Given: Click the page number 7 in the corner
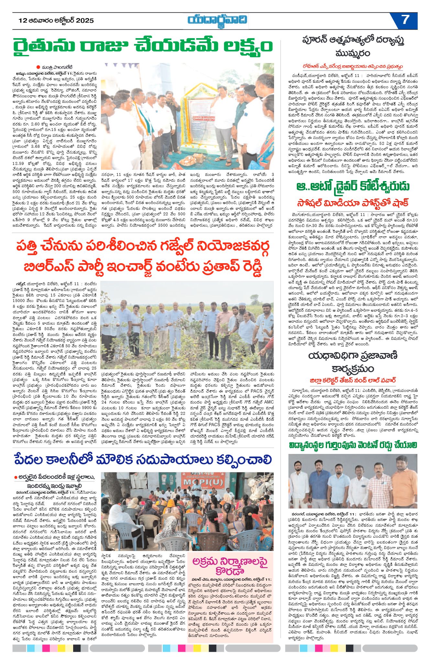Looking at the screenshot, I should coord(405,20).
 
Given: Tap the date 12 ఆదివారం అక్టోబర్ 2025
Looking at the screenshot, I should coord(56,21).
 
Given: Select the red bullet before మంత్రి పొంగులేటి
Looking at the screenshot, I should coord(38,67).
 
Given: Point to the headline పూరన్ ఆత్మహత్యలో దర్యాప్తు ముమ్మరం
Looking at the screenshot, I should coord(353,47).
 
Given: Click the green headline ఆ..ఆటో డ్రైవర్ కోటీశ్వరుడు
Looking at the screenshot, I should coord(353,187).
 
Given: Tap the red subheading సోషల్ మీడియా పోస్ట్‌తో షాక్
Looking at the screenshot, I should coord(353,203).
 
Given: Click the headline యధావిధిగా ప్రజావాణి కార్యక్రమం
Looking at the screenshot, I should coord(353,362).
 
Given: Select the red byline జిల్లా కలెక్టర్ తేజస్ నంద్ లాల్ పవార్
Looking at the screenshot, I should coord(353,380).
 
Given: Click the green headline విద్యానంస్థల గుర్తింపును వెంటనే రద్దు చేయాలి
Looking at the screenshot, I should coord(353,445).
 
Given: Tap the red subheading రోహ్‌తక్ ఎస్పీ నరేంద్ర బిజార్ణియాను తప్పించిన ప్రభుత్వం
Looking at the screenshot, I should coord(353,67).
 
